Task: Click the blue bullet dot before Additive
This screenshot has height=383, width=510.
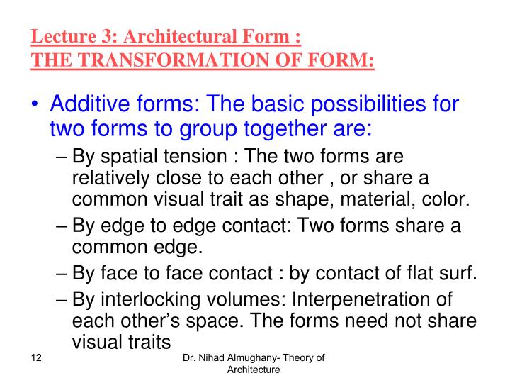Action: click(35, 106)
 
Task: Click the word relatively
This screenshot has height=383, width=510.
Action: click(113, 179)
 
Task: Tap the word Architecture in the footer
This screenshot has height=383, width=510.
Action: click(253, 370)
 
